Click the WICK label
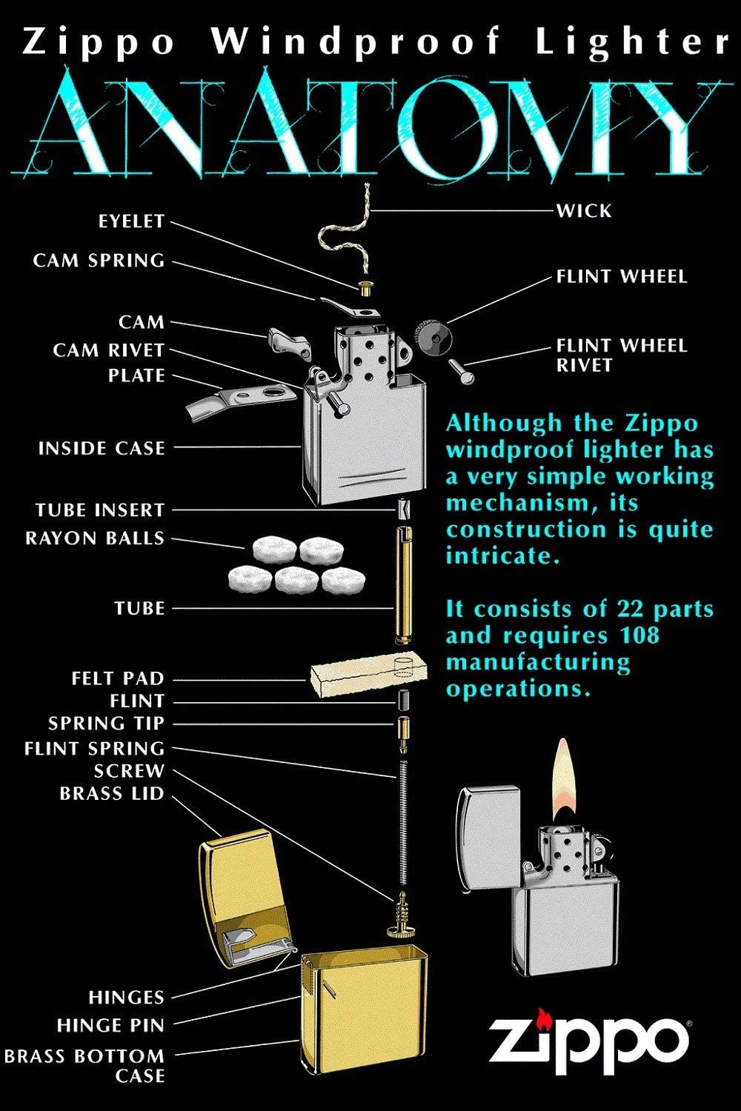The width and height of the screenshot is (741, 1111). click(584, 211)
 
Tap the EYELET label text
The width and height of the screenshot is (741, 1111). click(131, 221)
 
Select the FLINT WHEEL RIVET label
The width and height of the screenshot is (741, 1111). click(621, 355)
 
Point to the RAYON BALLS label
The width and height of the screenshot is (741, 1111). click(95, 538)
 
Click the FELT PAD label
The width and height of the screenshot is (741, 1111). click(117, 678)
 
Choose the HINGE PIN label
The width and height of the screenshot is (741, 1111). click(110, 1026)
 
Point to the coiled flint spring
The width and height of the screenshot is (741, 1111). click(403, 815)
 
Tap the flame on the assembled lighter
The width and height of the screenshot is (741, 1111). click(565, 781)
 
